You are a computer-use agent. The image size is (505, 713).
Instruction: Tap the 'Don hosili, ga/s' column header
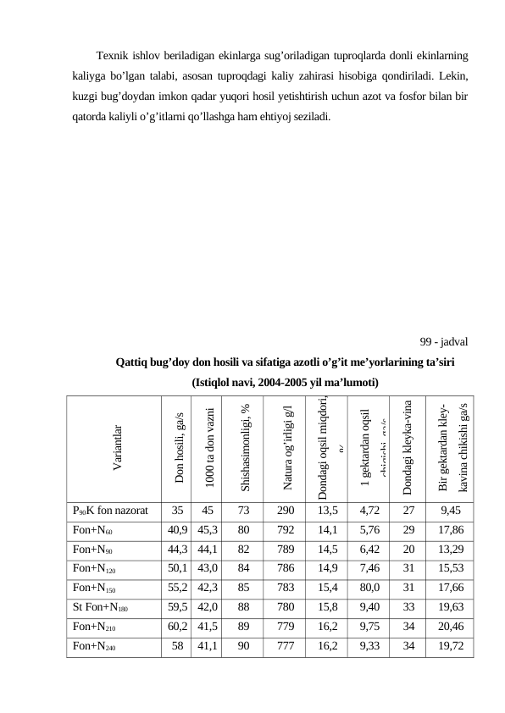[x=178, y=452]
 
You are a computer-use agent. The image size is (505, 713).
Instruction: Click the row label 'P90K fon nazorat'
[x=111, y=511]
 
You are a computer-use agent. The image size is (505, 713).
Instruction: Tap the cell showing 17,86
[x=450, y=529]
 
